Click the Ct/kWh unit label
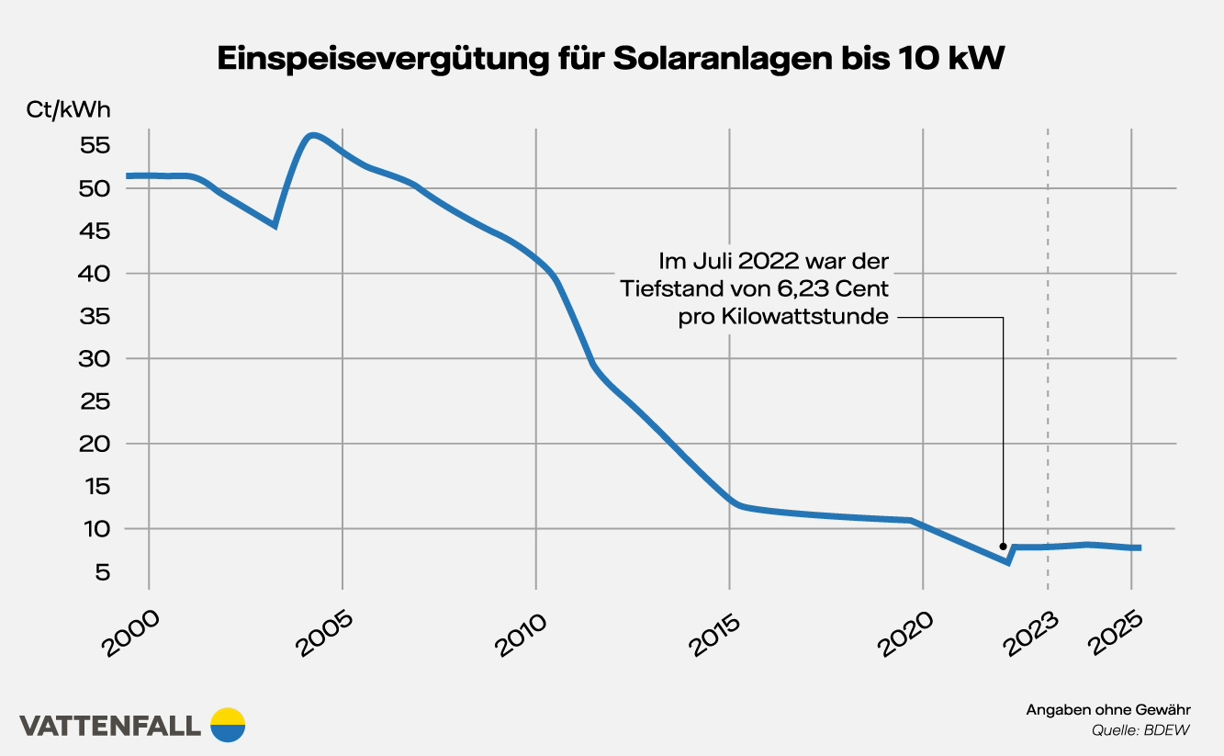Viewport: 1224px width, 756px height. pyautogui.click(x=69, y=110)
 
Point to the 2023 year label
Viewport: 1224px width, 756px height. pyautogui.click(x=1028, y=633)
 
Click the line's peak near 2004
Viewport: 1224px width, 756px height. pyautogui.click(x=313, y=135)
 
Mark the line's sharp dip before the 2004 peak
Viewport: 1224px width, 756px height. pyautogui.click(x=275, y=225)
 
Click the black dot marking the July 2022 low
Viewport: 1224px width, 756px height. pyautogui.click(x=1003, y=546)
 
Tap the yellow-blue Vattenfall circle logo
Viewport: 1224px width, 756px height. pyautogui.click(x=228, y=725)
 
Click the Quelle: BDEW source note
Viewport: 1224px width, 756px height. pyautogui.click(x=1141, y=731)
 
